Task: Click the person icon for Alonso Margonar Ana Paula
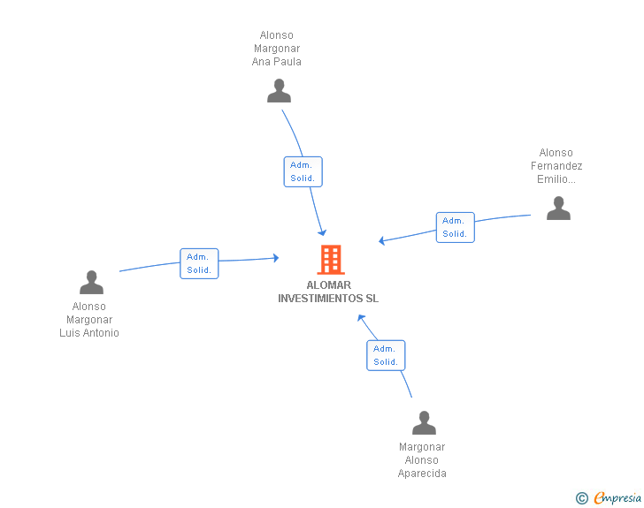point(279,91)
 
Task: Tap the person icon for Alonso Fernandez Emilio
point(558,209)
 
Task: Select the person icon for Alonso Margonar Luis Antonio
point(91,283)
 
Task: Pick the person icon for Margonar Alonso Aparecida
point(424,423)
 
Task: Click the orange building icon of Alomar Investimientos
point(330,260)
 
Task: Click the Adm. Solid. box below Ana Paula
point(303,171)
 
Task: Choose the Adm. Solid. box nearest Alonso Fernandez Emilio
point(455,227)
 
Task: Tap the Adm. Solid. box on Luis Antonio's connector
point(199,263)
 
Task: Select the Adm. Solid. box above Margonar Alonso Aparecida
point(386,355)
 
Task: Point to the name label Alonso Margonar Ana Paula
point(277,49)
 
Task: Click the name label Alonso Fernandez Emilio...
point(556,166)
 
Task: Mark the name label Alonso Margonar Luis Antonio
point(89,320)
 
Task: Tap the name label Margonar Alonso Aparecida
point(422,460)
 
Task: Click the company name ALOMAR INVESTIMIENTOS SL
point(328,292)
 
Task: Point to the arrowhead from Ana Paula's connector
point(323,232)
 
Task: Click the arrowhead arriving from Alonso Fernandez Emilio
point(381,240)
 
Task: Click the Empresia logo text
point(617,498)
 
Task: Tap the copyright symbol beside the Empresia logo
point(581,498)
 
